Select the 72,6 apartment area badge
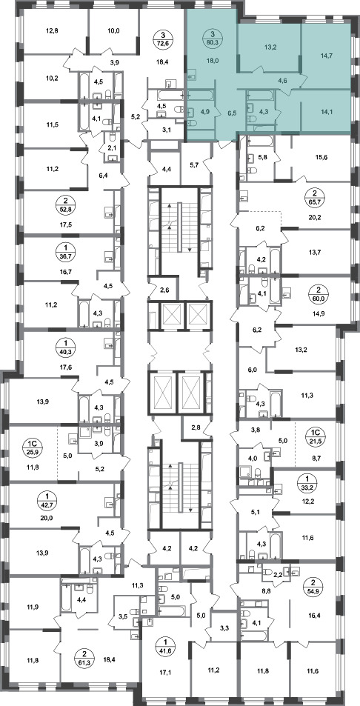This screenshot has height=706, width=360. coord(163,37)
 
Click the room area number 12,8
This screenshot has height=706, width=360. coord(52,31)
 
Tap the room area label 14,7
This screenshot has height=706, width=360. coord(324,56)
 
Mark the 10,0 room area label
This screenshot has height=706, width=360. coord(113,31)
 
